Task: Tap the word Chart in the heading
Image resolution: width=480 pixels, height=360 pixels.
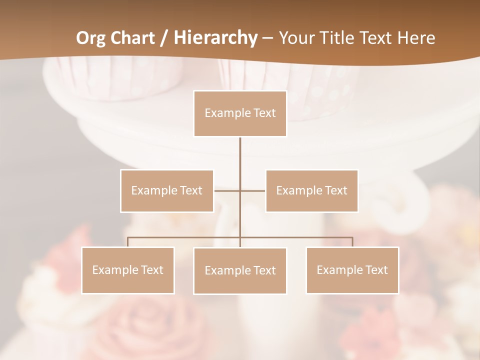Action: point(131,38)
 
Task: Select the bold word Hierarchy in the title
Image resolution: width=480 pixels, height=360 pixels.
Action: point(215,38)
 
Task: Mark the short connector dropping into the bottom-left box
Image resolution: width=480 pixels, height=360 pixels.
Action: point(128,242)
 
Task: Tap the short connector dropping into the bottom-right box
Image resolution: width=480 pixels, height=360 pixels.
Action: point(352,242)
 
